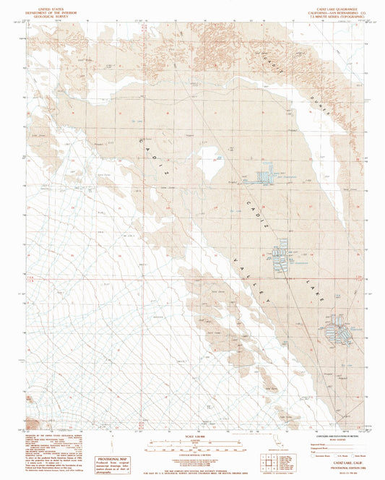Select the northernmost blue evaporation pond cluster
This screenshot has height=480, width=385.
pos(267,175)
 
